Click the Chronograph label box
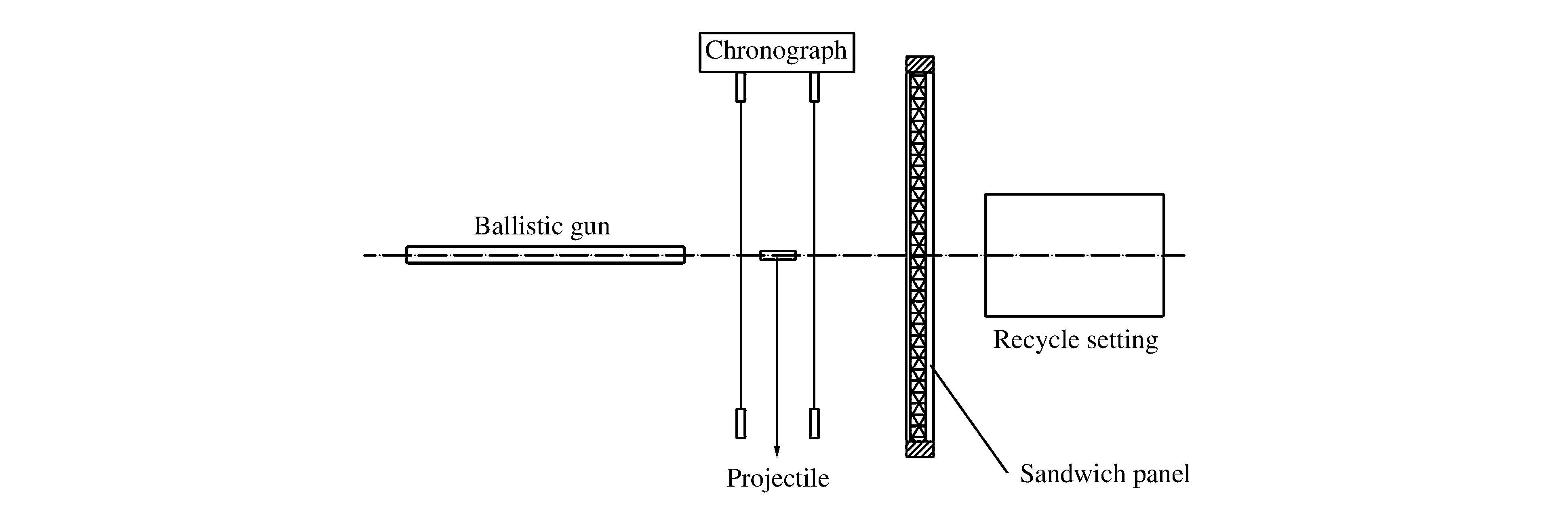click(777, 52)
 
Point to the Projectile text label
click(777, 478)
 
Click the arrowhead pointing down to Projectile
click(777, 451)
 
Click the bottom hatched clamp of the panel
click(920, 449)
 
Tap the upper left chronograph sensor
click(741, 87)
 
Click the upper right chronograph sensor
click(815, 87)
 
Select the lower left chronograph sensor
click(741, 423)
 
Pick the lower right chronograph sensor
click(815, 423)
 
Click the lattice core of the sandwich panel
click(918, 181)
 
